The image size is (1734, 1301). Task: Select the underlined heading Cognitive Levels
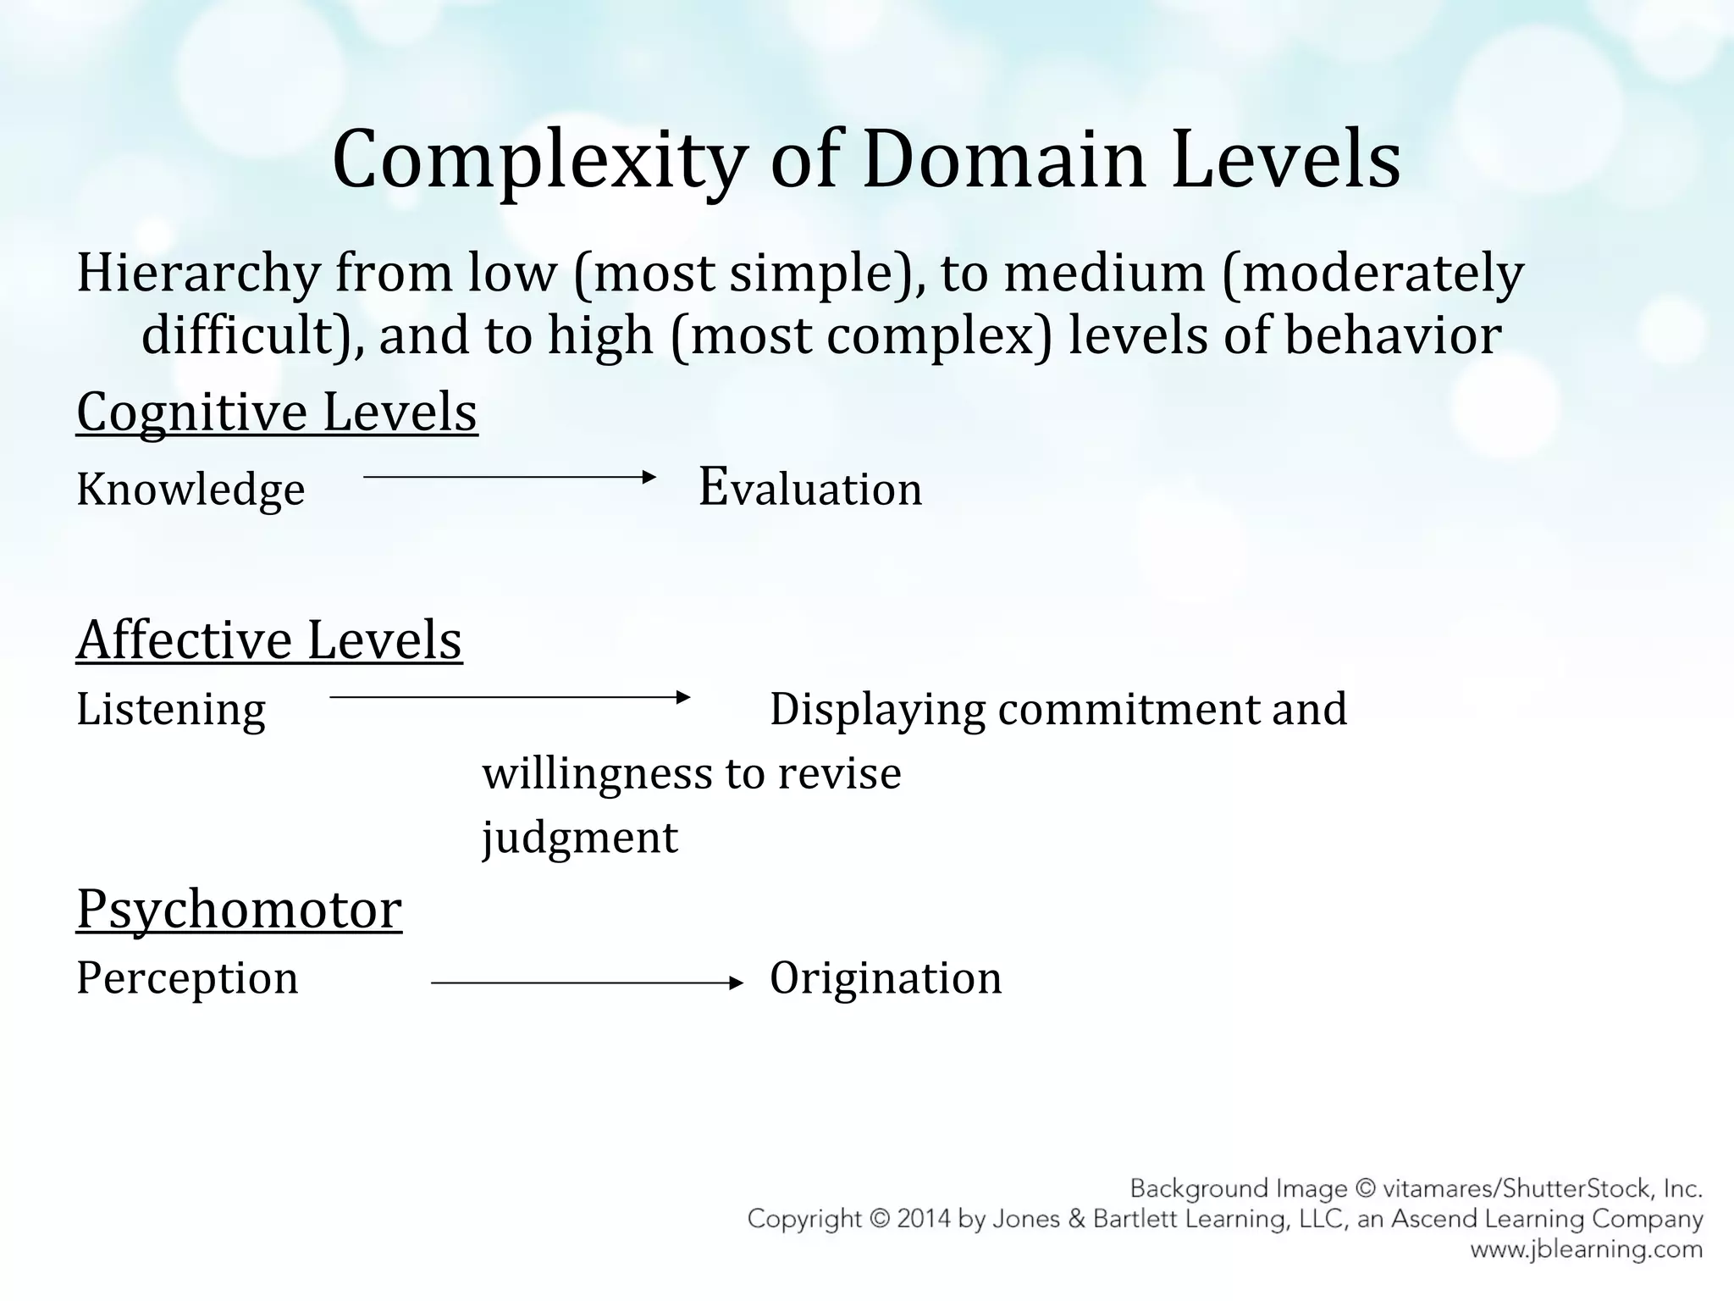(277, 412)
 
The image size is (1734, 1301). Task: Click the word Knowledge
(191, 490)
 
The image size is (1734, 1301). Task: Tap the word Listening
(171, 709)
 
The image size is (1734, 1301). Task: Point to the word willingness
(596, 773)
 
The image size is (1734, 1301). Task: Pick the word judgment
(580, 838)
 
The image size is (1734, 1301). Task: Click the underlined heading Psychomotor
(239, 909)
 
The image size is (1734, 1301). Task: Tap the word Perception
(187, 978)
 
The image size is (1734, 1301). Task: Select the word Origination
(886, 978)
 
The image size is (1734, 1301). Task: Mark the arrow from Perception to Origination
(587, 983)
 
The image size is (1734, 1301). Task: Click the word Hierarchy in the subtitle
(198, 274)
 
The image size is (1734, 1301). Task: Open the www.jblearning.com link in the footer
(1586, 1249)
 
